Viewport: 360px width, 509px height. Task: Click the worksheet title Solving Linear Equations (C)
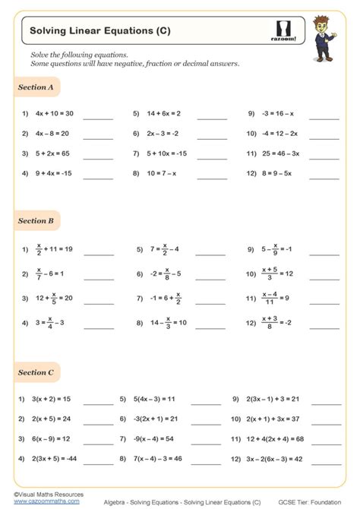coord(99,31)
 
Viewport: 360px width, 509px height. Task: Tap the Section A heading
coord(36,87)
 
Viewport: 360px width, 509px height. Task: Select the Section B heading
coord(36,221)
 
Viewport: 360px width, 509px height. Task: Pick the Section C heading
coord(36,372)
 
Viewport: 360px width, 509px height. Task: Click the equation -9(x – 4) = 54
coord(156,438)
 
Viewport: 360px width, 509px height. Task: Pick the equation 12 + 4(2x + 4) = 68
coord(275,438)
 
